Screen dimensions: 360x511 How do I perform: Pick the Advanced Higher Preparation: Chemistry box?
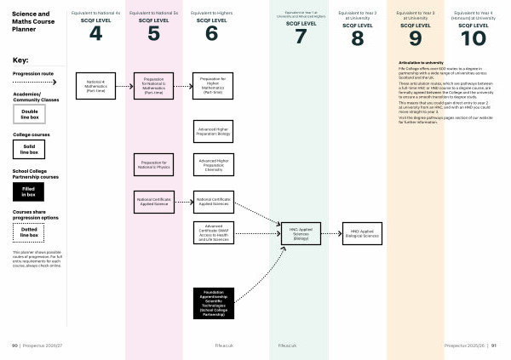[x=212, y=164]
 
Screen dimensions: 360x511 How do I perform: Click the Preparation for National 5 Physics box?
[x=153, y=164]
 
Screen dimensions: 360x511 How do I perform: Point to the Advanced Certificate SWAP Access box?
[x=212, y=234]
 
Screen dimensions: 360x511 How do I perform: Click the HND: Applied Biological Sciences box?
[x=357, y=231]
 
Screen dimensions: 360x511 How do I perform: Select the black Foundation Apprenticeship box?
[x=212, y=301]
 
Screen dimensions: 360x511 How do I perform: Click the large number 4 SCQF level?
[x=95, y=35]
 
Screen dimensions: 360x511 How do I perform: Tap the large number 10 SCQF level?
[x=474, y=37]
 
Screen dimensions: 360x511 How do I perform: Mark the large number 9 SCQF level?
[x=416, y=37]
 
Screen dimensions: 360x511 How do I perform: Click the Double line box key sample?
[x=29, y=113]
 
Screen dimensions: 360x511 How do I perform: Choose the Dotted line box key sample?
[x=29, y=231]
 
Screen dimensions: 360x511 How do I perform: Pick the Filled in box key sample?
[x=29, y=191]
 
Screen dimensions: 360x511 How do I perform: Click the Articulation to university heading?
[x=422, y=63]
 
